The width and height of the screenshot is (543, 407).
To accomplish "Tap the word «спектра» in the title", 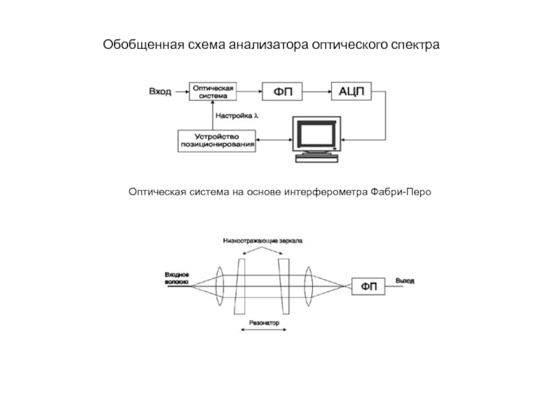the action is click(x=415, y=45).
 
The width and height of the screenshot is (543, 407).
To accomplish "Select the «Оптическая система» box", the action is click(x=214, y=92).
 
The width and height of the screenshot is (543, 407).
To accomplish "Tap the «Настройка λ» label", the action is click(x=238, y=115).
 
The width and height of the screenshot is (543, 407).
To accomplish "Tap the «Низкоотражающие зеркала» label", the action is click(x=263, y=240).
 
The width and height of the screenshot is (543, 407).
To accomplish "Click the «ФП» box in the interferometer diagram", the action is click(x=369, y=286).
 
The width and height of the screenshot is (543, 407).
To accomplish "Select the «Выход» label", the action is click(x=405, y=280).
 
